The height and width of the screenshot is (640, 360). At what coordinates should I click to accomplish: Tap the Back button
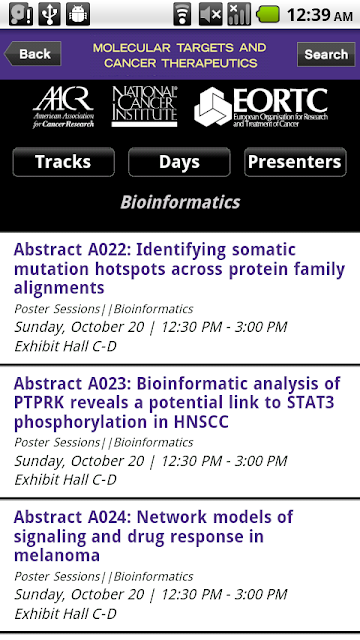[x=33, y=54]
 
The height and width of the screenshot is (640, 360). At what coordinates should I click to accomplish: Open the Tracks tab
[x=63, y=162]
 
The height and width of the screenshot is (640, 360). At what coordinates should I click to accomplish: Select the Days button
[x=179, y=162]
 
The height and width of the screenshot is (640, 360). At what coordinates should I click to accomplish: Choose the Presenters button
[x=295, y=162]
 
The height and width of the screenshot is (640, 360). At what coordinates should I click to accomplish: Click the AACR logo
[x=63, y=107]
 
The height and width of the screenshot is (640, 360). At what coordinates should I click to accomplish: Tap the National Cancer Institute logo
[x=144, y=106]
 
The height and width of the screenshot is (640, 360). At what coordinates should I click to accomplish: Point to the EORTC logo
[x=261, y=107]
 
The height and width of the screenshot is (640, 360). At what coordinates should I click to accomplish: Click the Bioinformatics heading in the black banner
[x=180, y=202]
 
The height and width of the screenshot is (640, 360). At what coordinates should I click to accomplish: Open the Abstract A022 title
[x=179, y=269]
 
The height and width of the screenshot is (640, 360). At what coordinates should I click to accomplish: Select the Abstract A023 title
[x=177, y=402]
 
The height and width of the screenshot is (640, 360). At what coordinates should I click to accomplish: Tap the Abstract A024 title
[x=153, y=536]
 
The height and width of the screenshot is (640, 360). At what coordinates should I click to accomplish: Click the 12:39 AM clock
[x=320, y=15]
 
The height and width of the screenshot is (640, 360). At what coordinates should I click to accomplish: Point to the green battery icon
[x=268, y=14]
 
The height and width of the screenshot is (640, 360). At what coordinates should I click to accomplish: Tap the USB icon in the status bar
[x=49, y=14]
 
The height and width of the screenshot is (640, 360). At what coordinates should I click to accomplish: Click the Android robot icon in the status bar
[x=78, y=14]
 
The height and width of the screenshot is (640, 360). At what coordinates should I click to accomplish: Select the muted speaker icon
[x=211, y=14]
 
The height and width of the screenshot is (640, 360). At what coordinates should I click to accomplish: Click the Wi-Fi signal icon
[x=182, y=14]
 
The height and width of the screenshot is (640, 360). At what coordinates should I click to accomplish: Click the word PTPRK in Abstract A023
[x=38, y=403]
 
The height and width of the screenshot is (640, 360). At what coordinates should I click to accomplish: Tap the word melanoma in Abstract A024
[x=57, y=555]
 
